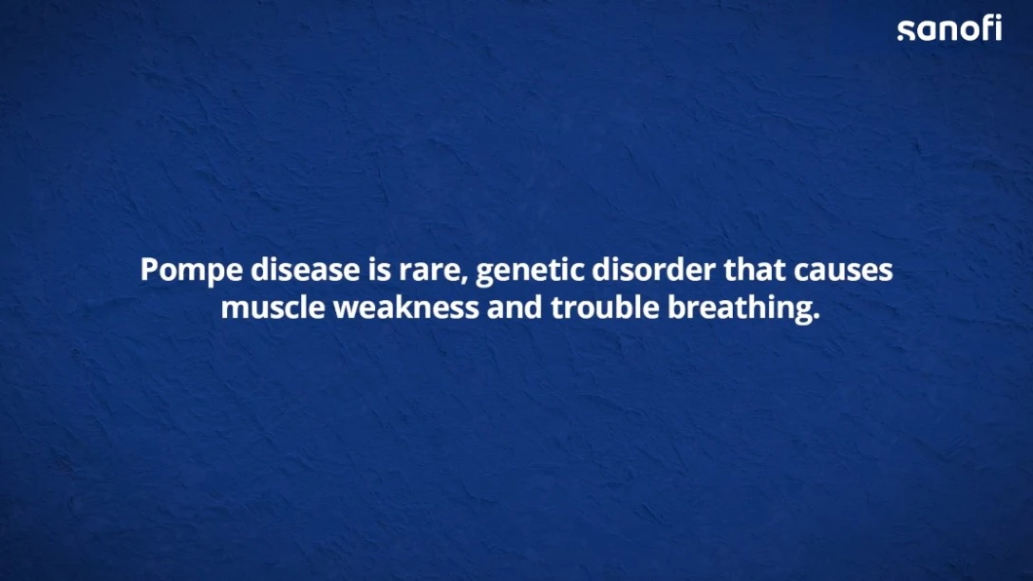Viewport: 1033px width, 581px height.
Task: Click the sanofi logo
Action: (949, 28)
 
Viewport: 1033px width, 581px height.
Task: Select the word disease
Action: (305, 270)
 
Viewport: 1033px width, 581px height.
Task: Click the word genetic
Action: (530, 272)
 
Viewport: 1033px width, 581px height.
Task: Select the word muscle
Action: (272, 307)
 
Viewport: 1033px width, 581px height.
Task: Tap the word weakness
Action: (405, 307)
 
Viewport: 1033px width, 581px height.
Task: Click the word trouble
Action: (605, 307)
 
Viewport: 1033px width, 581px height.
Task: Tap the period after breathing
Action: (817, 317)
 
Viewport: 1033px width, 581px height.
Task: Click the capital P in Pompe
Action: (150, 270)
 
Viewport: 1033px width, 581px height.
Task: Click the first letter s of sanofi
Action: (906, 31)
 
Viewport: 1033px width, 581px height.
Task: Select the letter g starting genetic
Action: (485, 274)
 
